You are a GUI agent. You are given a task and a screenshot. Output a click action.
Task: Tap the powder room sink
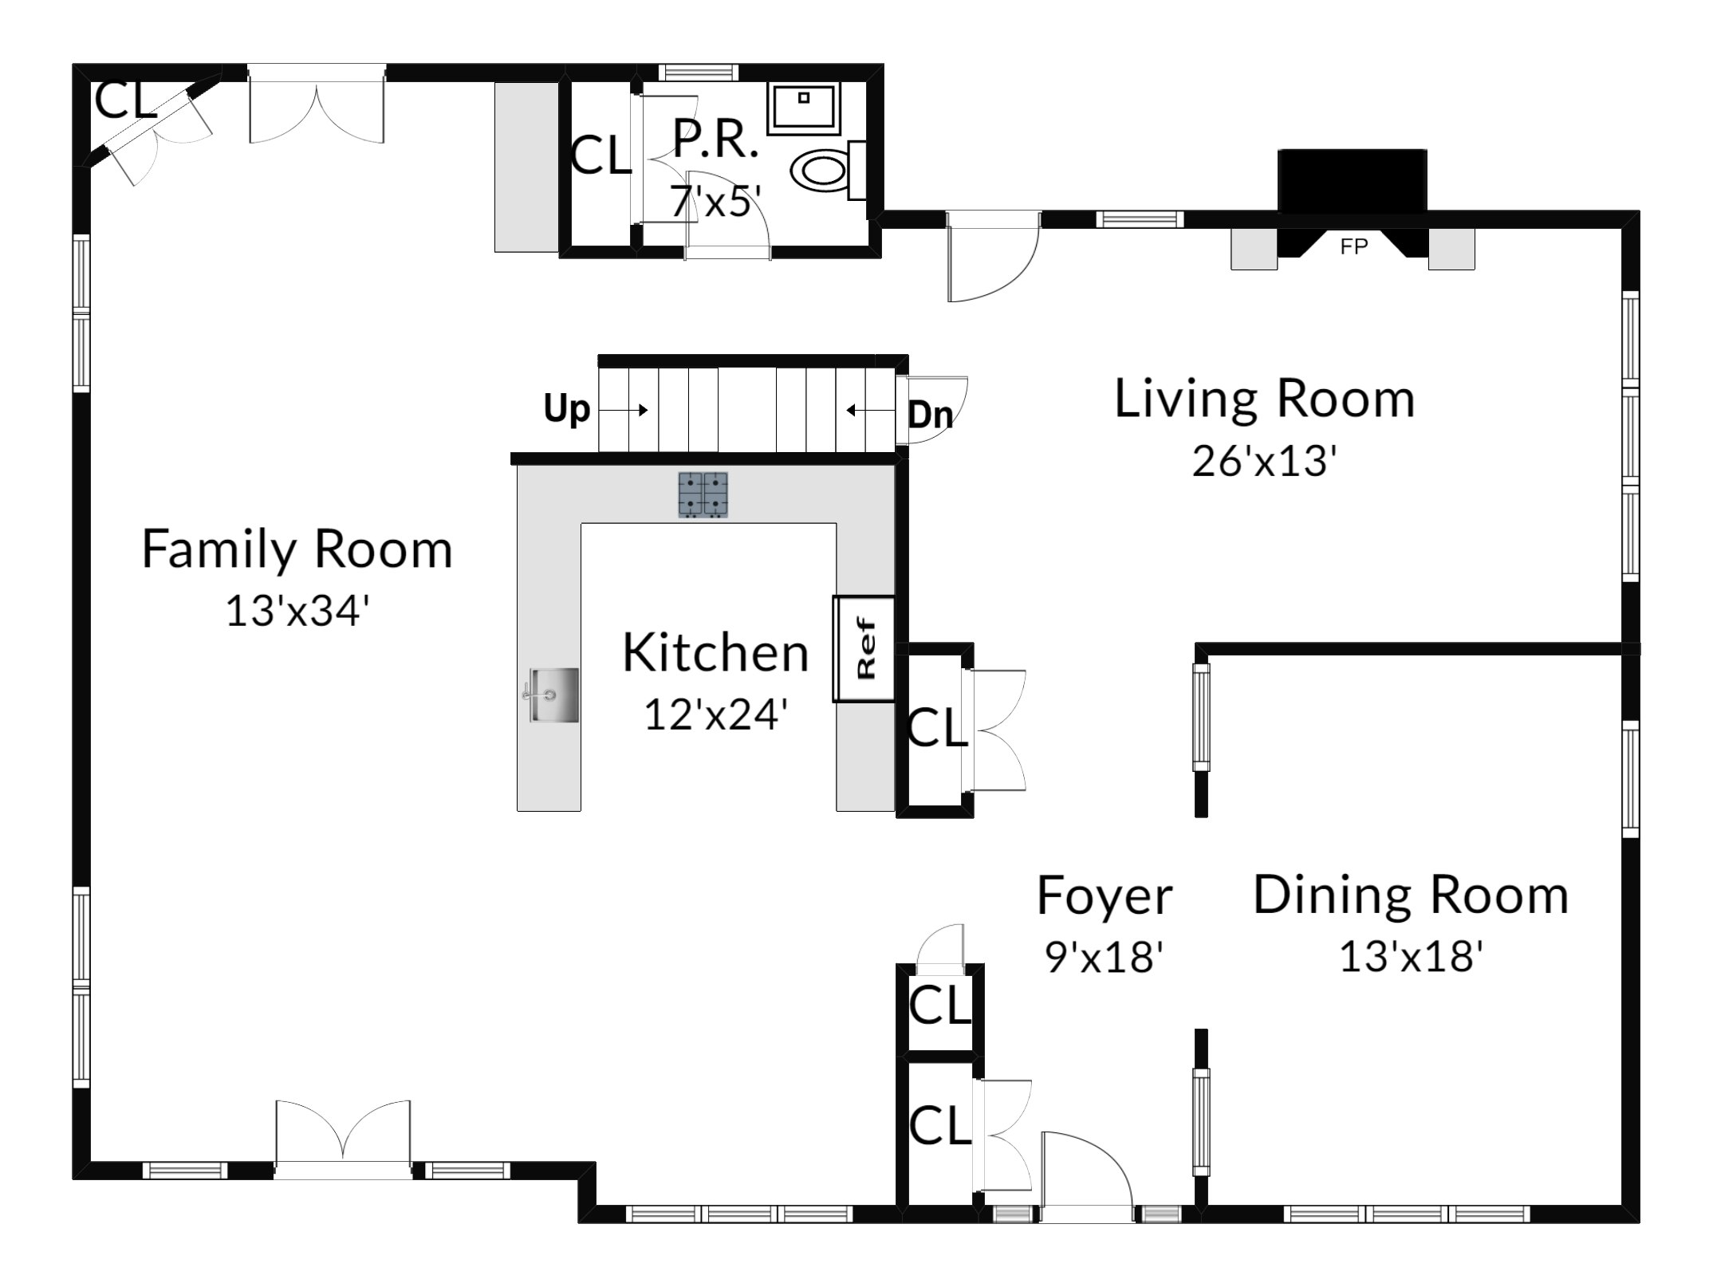coord(804,108)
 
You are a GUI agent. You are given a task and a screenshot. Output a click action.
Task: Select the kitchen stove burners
coord(703,494)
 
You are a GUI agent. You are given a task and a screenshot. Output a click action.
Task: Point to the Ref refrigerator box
coord(864,648)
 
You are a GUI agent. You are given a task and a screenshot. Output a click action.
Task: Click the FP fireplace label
coord(1353,247)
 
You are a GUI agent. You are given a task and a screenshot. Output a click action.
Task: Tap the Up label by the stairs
coord(566,409)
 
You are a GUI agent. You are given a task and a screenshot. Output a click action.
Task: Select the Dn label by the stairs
coord(930,415)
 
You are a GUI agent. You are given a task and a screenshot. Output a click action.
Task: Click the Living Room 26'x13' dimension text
coord(1264,461)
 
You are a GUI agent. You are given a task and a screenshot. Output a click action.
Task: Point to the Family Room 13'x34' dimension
coord(297,612)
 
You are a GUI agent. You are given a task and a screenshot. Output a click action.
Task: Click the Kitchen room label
coord(715,652)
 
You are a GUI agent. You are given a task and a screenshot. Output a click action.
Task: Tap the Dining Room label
coord(1411,895)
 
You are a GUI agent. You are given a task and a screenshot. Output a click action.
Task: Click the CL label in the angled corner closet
coord(125,100)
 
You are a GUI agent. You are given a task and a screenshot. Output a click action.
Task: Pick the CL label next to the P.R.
coord(601,155)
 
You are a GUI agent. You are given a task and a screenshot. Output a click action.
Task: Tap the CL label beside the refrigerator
coord(938,727)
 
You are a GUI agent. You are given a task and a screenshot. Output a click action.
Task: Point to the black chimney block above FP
coord(1352,181)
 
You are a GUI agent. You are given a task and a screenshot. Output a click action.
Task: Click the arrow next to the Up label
coord(623,410)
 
